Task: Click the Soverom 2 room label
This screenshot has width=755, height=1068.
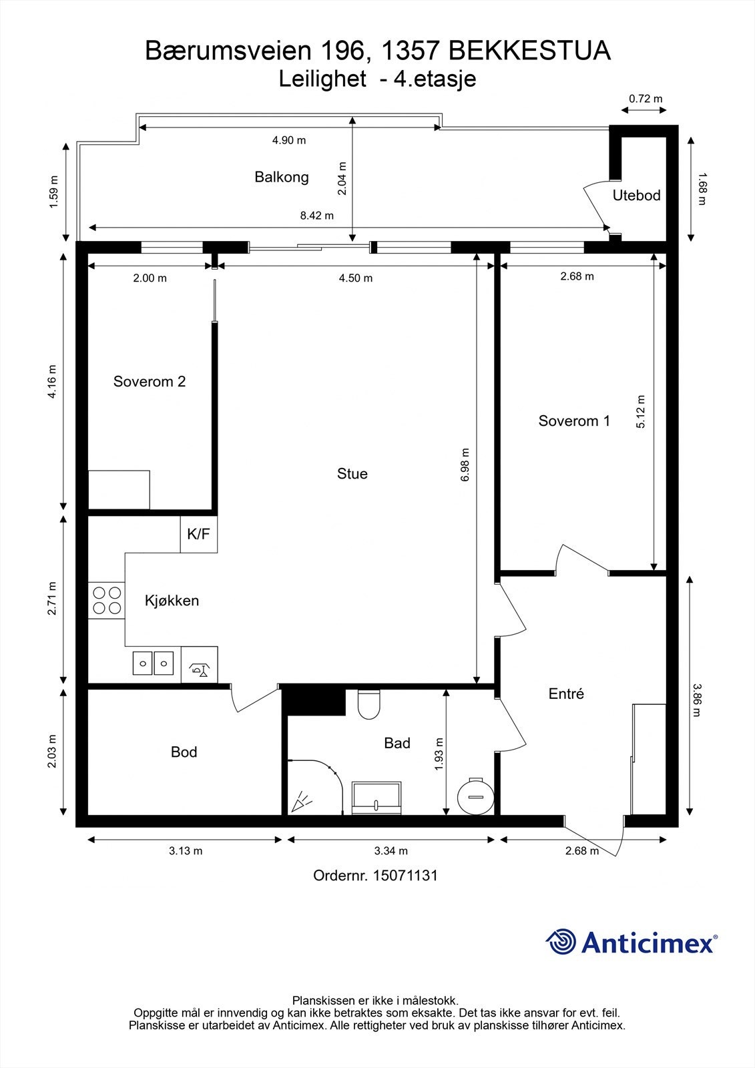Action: (x=150, y=382)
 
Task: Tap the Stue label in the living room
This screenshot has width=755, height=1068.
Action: (x=352, y=474)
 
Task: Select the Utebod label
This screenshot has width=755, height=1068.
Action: (x=636, y=196)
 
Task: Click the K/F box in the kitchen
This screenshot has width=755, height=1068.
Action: (x=198, y=534)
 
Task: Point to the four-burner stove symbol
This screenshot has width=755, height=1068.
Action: (x=107, y=599)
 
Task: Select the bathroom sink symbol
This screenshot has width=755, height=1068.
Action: (x=377, y=798)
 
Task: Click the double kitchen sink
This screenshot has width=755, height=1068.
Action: (x=153, y=663)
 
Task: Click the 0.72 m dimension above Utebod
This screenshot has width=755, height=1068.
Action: (x=646, y=99)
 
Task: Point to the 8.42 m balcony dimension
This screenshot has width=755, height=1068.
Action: (x=316, y=216)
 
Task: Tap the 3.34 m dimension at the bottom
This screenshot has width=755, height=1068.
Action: (x=391, y=851)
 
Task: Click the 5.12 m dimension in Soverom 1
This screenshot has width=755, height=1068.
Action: (x=641, y=412)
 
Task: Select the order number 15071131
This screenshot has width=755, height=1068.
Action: (x=375, y=875)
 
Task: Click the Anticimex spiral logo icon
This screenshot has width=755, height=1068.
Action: (x=561, y=942)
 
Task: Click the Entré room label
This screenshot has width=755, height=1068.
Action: (x=566, y=694)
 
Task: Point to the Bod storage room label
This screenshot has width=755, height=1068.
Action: (x=184, y=752)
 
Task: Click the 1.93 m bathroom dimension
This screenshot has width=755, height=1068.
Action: (x=439, y=754)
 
